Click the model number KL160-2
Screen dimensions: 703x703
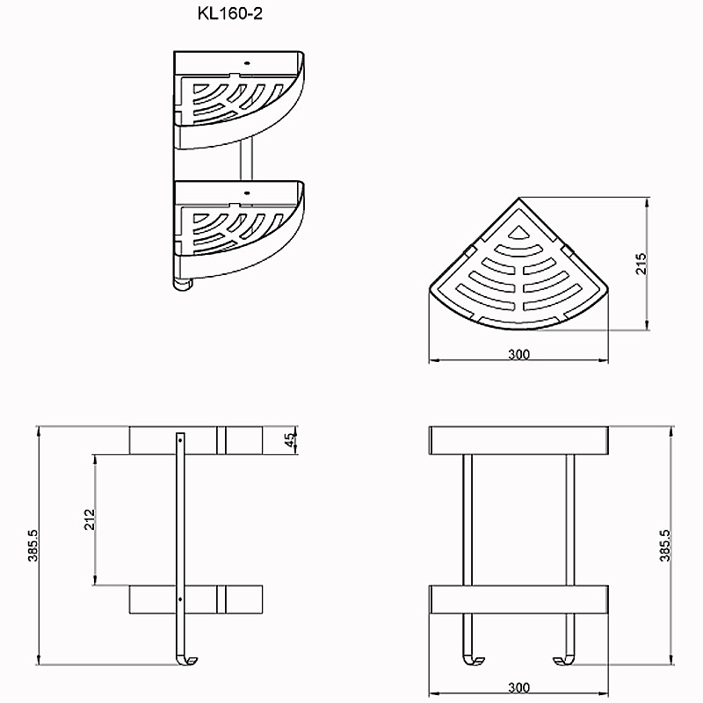click(x=230, y=13)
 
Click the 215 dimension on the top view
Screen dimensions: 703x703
click(x=641, y=264)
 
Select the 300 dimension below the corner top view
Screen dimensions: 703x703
click(x=518, y=355)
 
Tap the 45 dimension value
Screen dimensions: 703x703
click(x=291, y=439)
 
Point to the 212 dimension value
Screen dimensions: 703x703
click(x=91, y=519)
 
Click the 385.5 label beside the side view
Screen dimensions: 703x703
click(x=33, y=545)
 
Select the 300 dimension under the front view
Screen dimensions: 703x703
click(x=518, y=687)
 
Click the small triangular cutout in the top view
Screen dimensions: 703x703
click(x=518, y=232)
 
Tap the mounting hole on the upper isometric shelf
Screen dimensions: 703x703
click(x=246, y=63)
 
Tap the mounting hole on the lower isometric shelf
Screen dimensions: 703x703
click(x=246, y=193)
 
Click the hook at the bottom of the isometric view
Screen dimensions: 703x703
click(x=183, y=284)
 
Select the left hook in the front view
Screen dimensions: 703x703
click(x=473, y=660)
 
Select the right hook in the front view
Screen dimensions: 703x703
click(x=564, y=660)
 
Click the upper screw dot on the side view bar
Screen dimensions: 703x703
click(x=180, y=440)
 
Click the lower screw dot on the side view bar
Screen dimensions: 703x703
click(x=180, y=599)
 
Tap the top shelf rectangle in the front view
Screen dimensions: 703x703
click(x=518, y=440)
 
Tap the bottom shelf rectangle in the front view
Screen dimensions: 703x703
click(x=518, y=599)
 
